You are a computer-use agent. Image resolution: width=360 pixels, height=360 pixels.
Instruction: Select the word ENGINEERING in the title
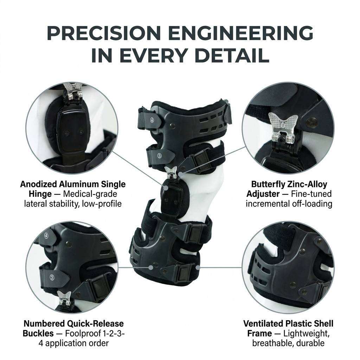(241, 33)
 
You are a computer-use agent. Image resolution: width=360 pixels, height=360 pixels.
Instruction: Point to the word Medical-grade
(90, 194)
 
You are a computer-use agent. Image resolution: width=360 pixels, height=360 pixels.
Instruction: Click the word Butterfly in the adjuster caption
(266, 184)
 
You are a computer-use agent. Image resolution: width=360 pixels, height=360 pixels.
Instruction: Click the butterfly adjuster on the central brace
(171, 173)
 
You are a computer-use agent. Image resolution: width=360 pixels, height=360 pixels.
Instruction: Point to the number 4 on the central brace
(152, 120)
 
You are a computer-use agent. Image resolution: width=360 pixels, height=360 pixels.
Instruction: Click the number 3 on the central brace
(160, 156)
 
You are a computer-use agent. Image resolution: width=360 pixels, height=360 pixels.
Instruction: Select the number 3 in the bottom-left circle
(52, 277)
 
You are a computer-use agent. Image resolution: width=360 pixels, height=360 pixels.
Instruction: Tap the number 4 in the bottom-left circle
(46, 236)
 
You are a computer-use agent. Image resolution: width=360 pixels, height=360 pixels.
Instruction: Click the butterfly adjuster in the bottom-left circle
(64, 298)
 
